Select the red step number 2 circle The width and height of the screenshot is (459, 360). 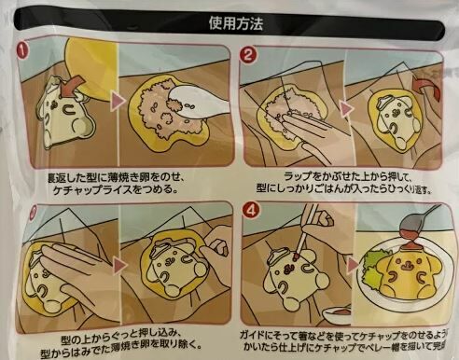249,53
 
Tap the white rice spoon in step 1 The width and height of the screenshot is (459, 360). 197,89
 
